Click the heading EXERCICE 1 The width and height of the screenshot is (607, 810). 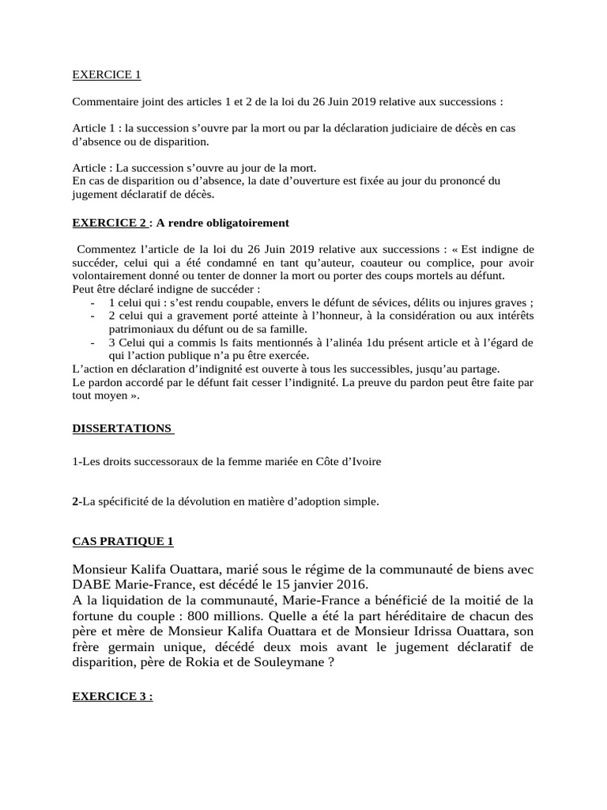point(106,75)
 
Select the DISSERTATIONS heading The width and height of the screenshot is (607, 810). point(123,428)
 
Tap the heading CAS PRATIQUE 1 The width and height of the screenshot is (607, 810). point(123,541)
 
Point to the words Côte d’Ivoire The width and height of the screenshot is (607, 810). point(349,461)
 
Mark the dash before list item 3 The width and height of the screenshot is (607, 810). point(94,342)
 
